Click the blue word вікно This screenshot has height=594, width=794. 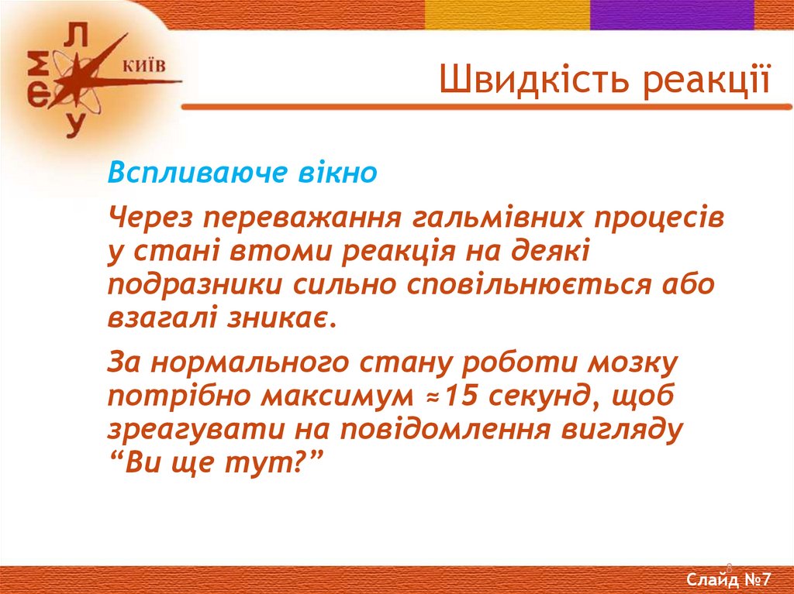pos(337,172)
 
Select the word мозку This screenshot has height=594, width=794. pos(632,363)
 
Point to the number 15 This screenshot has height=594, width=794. pos(461,396)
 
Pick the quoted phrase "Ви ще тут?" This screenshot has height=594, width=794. pos(216,462)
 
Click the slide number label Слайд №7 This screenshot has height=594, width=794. pos(728,579)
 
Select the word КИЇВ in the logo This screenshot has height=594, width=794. pos(144,67)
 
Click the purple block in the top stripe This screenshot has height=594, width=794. pos(672,15)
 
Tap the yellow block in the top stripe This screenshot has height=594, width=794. pos(507,15)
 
